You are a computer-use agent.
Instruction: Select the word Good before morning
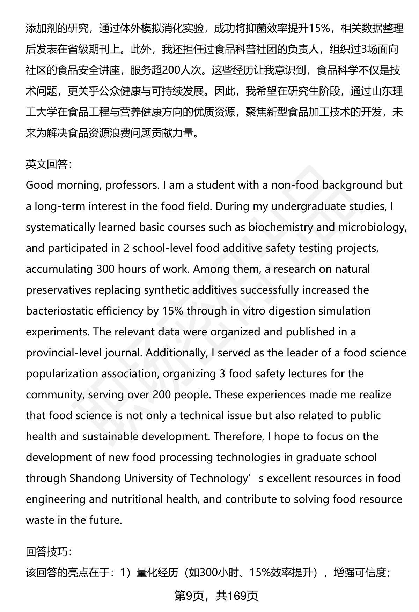coord(39,185)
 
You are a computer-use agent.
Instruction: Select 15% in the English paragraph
coord(172,311)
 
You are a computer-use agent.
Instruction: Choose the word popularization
coord(62,373)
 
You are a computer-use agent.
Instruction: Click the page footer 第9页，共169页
coord(216,596)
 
